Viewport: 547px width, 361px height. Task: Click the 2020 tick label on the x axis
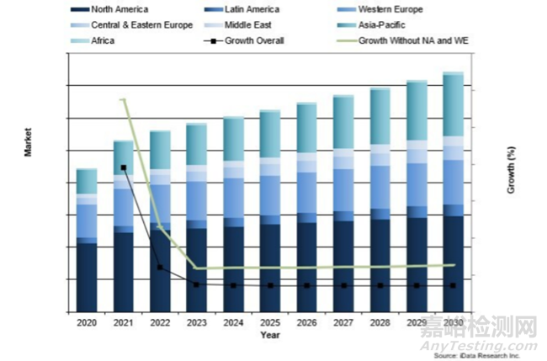pos(87,323)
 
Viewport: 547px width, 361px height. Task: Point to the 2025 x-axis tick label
pos(270,323)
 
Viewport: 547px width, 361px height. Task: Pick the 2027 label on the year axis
pos(343,323)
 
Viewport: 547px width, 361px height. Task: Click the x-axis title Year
pos(270,336)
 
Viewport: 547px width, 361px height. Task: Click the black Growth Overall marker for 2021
pos(124,167)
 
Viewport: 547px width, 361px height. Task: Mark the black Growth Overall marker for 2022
pos(160,268)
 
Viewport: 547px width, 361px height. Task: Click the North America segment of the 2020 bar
pos(87,278)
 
